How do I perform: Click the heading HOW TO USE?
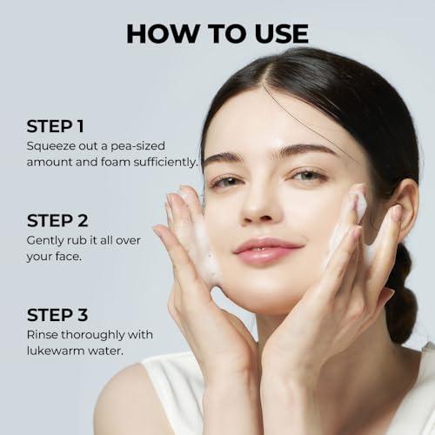pos(217,33)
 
